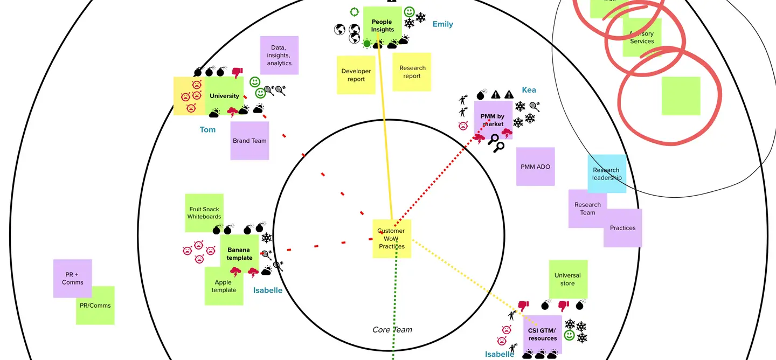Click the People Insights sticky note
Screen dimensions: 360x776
click(382, 25)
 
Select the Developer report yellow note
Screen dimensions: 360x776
click(356, 75)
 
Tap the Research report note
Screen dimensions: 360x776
click(412, 72)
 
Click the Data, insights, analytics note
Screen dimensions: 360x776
click(279, 55)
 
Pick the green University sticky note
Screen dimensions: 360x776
click(224, 95)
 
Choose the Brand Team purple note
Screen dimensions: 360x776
click(250, 141)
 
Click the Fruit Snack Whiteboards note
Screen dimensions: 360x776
click(204, 212)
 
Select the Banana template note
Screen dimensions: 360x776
click(239, 253)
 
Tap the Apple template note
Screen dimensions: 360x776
click(224, 286)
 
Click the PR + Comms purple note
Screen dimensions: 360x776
click(72, 278)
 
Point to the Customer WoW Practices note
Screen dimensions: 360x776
click(392, 238)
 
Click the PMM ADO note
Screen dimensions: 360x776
click(535, 167)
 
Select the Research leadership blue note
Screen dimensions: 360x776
click(607, 174)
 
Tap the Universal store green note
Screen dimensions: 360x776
click(568, 279)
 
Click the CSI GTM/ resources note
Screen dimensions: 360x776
click(542, 334)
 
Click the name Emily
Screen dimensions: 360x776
click(442, 24)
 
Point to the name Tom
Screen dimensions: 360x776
click(207, 129)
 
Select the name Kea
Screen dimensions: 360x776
click(529, 90)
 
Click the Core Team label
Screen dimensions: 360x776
click(392, 330)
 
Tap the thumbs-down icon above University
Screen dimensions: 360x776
click(237, 72)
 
